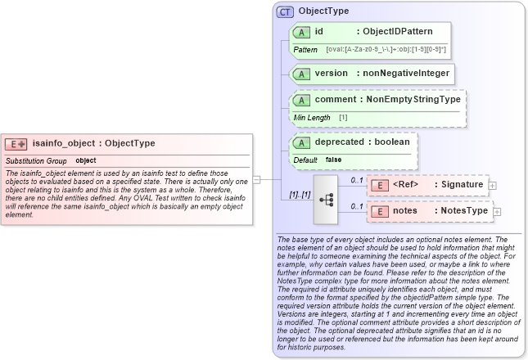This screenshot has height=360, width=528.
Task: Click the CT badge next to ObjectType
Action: coord(285,11)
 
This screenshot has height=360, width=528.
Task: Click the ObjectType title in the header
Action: coord(323,11)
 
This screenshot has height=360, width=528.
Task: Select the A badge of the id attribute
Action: coord(300,32)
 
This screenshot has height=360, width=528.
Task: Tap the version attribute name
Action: coord(331,73)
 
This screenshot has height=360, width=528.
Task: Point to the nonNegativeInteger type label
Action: coord(406,73)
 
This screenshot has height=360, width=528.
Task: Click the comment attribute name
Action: coord(336,99)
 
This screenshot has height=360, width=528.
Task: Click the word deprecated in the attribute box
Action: coord(341,142)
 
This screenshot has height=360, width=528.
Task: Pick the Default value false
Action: coord(333,160)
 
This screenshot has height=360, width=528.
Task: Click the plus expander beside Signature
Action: coord(492,186)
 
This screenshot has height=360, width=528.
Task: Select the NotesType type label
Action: coord(463,210)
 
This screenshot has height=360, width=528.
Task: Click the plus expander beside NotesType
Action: coord(497,212)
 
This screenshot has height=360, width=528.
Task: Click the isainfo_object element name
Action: coord(64,143)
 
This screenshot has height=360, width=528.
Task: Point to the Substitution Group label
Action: coord(36,160)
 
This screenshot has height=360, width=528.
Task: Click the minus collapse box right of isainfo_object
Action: coord(256,179)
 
